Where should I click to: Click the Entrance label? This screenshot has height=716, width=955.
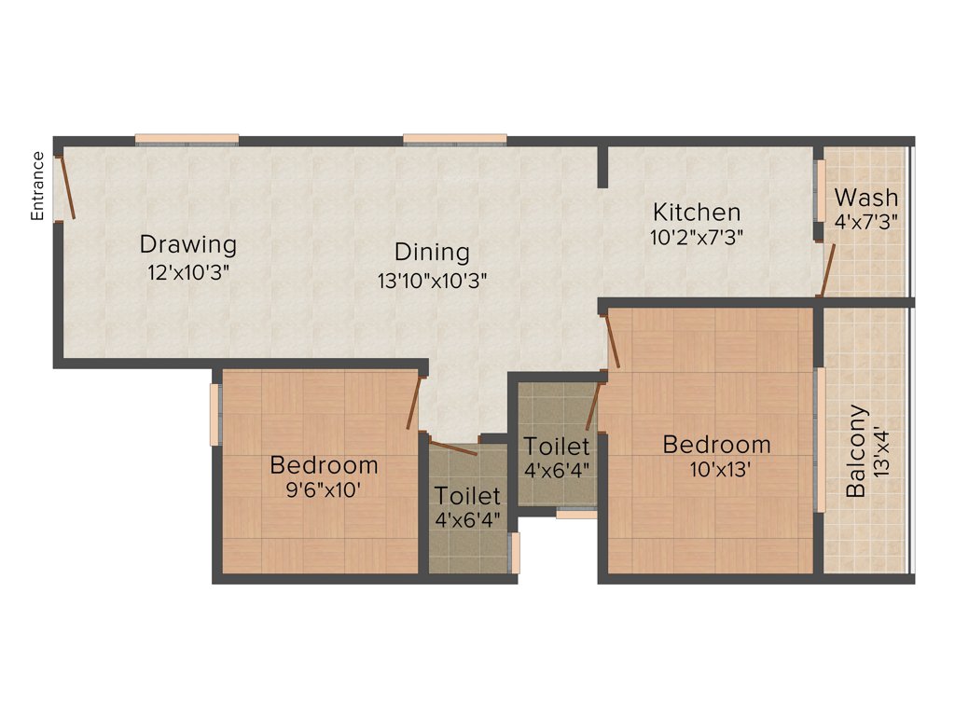pyautogui.click(x=38, y=186)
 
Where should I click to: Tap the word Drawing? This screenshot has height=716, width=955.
pyautogui.click(x=187, y=245)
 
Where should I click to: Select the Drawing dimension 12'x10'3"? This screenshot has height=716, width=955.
pyautogui.click(x=187, y=272)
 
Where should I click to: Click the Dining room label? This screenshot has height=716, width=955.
pyautogui.click(x=432, y=252)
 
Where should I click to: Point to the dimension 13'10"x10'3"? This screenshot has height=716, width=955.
pyautogui.click(x=432, y=278)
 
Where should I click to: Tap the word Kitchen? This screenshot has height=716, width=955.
pyautogui.click(x=696, y=212)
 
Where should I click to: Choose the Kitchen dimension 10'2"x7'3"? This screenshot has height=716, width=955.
pyautogui.click(x=696, y=237)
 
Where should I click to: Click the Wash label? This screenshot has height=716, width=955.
pyautogui.click(x=866, y=198)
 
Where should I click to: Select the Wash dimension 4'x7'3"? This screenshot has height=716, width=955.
pyautogui.click(x=866, y=223)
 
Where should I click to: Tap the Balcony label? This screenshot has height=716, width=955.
pyautogui.click(x=856, y=450)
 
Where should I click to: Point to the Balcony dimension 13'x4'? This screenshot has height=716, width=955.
pyautogui.click(x=883, y=450)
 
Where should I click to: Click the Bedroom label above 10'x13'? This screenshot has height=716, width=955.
pyautogui.click(x=716, y=445)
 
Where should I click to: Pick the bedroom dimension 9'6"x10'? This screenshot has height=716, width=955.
pyautogui.click(x=324, y=489)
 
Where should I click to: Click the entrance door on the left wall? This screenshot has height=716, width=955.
pyautogui.click(x=66, y=187)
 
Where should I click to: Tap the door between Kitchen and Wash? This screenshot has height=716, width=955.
pyautogui.click(x=826, y=269)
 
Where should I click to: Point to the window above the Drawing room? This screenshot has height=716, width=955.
pyautogui.click(x=187, y=140)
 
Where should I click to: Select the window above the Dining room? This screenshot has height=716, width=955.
pyautogui.click(x=454, y=140)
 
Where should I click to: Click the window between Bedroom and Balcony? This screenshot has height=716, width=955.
pyautogui.click(x=821, y=439)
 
